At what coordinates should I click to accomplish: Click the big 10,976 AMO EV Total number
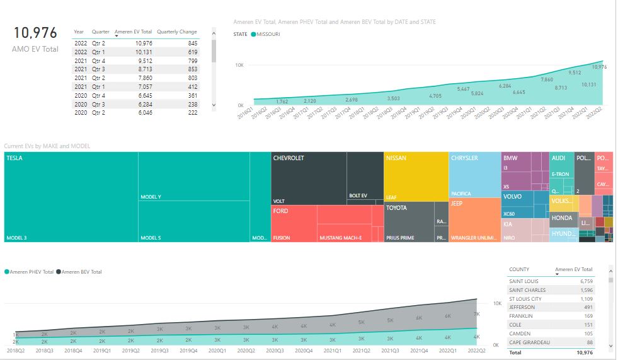click(x=35, y=33)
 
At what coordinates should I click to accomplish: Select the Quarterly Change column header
click(x=176, y=32)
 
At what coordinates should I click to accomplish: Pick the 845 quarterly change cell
click(x=192, y=43)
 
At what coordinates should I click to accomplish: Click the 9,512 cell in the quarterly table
click(x=142, y=61)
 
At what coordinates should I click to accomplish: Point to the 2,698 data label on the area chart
click(x=352, y=100)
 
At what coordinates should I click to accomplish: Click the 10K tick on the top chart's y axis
click(x=239, y=65)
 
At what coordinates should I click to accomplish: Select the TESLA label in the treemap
click(x=14, y=158)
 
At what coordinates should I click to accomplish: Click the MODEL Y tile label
click(x=151, y=197)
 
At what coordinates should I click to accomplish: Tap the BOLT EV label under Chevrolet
click(x=358, y=196)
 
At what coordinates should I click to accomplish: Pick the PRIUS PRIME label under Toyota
click(x=400, y=238)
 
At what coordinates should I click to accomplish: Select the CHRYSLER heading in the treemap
click(x=464, y=158)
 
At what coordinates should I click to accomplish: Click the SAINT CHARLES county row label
click(x=527, y=290)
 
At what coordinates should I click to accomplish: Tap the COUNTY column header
click(x=519, y=269)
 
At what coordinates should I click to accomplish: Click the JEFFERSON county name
click(x=522, y=307)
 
